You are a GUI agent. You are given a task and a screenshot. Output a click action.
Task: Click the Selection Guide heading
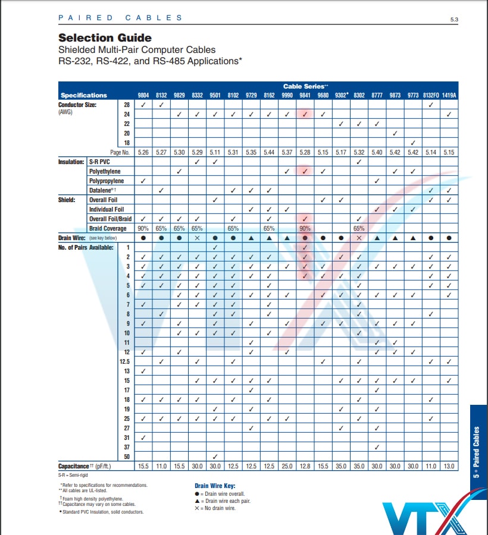tap(105, 38)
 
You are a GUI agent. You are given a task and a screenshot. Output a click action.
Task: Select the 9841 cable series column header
tap(304, 95)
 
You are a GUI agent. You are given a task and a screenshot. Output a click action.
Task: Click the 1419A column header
tap(449, 95)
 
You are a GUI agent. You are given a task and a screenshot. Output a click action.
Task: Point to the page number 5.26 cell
tap(143, 152)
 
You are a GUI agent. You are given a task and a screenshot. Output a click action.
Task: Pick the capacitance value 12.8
tap(304, 467)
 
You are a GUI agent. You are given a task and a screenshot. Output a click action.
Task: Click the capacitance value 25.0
tap(286, 467)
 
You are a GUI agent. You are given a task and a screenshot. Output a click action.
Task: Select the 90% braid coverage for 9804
tap(143, 228)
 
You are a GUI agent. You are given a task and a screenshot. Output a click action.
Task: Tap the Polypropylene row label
tap(107, 181)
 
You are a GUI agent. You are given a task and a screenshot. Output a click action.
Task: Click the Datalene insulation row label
tap(104, 190)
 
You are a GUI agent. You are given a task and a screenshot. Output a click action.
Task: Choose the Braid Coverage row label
tap(108, 228)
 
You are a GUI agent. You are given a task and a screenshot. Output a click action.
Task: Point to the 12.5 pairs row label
tap(124, 361)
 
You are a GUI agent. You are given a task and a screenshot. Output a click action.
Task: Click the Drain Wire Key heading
tap(216, 486)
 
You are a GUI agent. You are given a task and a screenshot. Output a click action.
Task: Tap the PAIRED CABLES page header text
tap(121, 18)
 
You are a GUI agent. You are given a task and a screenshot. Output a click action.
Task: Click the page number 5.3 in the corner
tap(454, 20)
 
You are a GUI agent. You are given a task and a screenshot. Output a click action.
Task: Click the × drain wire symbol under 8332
tap(197, 238)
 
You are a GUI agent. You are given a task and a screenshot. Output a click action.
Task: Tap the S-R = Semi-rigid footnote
tap(74, 475)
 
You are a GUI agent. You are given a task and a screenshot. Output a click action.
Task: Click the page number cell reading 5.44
tap(268, 152)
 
